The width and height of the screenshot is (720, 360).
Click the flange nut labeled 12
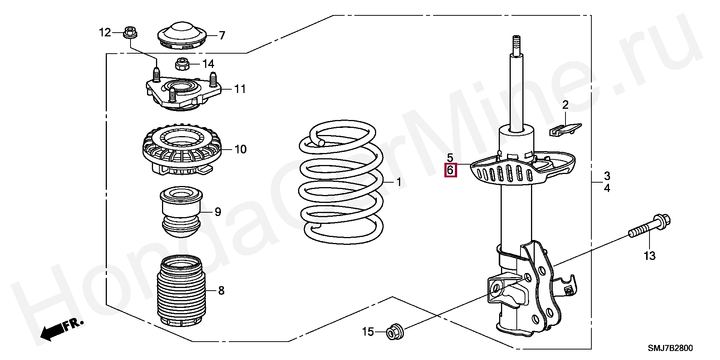pos(130,32)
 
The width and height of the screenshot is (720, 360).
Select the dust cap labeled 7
pos(181,37)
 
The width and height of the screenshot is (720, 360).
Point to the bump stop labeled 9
pos(181,212)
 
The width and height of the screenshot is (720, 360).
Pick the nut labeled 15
pos(395,331)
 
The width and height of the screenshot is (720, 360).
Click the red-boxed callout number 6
pos(450,171)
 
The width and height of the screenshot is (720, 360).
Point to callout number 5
pos(450,158)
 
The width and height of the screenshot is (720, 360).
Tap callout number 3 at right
pos(607,175)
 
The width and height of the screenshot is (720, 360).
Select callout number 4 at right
pos(607,188)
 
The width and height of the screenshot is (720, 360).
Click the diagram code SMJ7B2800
pos(670,348)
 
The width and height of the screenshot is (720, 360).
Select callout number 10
pos(240,149)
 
